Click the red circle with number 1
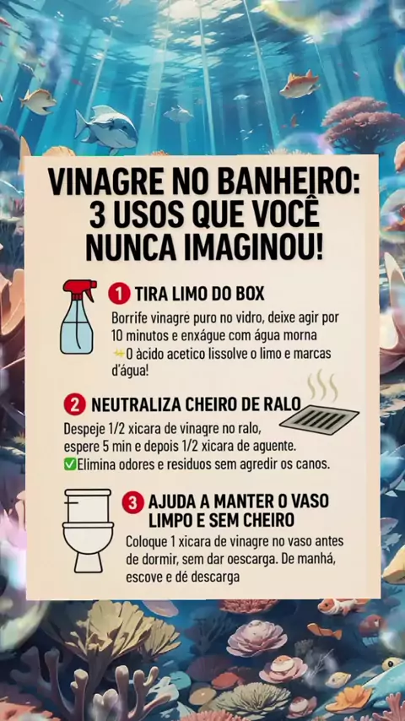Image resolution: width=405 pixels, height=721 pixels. coord(119,295)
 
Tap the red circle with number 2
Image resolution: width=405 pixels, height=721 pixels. coord(75,404)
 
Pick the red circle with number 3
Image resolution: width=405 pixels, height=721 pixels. coord(132,502)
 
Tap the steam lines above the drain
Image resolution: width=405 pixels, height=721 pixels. coord(322,385)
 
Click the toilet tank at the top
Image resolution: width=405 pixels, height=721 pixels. coord(88,505)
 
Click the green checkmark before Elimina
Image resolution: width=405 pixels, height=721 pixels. coord(70,464)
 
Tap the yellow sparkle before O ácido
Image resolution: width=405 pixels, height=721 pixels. coord(119,354)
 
